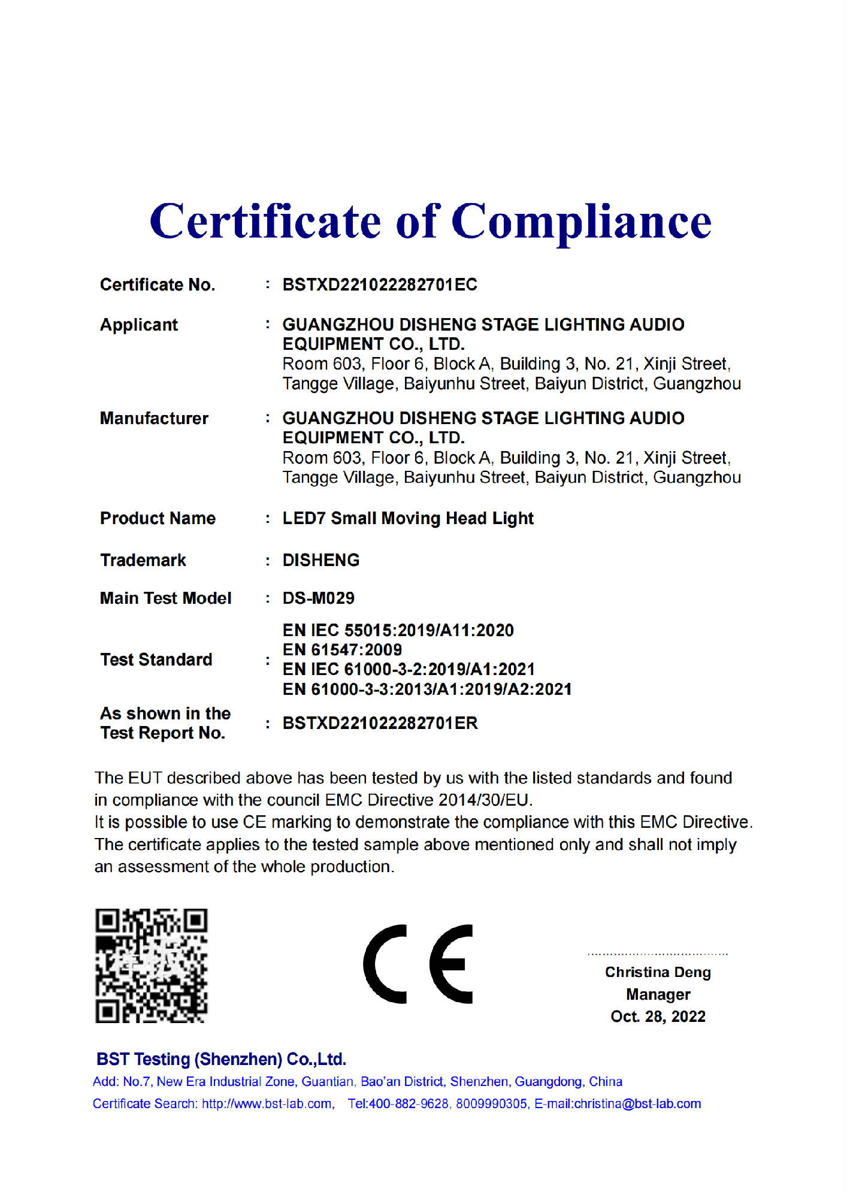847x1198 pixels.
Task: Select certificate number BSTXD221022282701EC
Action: (380, 285)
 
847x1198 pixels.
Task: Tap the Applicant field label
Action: (139, 325)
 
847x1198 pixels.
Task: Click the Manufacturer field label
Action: (154, 418)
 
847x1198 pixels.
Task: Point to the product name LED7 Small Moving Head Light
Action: (408, 518)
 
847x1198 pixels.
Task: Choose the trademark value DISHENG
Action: (321, 560)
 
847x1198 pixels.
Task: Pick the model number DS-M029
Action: (319, 598)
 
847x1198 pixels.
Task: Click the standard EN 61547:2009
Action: (342, 649)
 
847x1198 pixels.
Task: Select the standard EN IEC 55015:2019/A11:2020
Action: (398, 630)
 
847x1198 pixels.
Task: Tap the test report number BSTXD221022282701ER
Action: (380, 723)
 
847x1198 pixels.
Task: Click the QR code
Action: (152, 966)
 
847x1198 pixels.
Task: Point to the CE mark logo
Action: (418, 964)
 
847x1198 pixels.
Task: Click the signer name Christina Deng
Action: (658, 972)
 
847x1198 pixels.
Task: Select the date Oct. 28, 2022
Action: (658, 1017)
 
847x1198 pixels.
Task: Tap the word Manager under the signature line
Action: (658, 994)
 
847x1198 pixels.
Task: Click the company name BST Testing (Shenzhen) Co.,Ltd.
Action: (221, 1059)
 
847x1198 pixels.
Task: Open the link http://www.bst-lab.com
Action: (267, 1104)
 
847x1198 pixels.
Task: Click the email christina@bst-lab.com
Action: (637, 1104)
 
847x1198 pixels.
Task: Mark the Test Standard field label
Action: (156, 659)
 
